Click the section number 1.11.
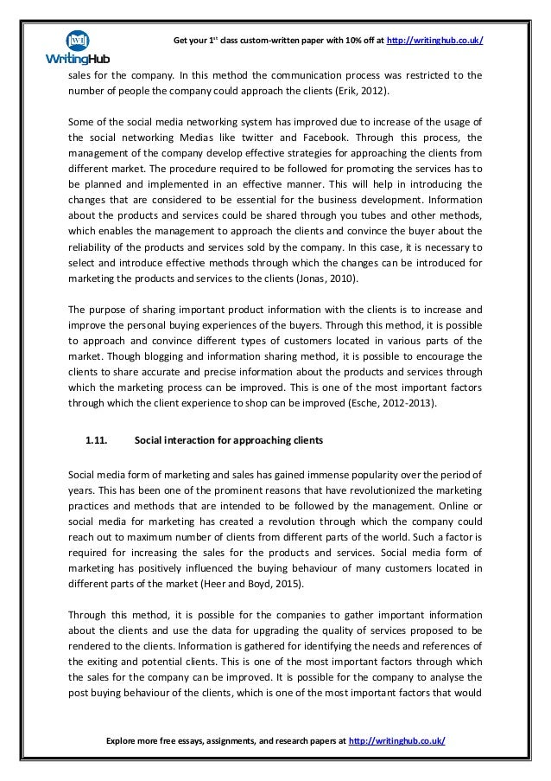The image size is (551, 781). pyautogui.click(x=95, y=440)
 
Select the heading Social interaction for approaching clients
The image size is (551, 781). pyautogui.click(x=229, y=440)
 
